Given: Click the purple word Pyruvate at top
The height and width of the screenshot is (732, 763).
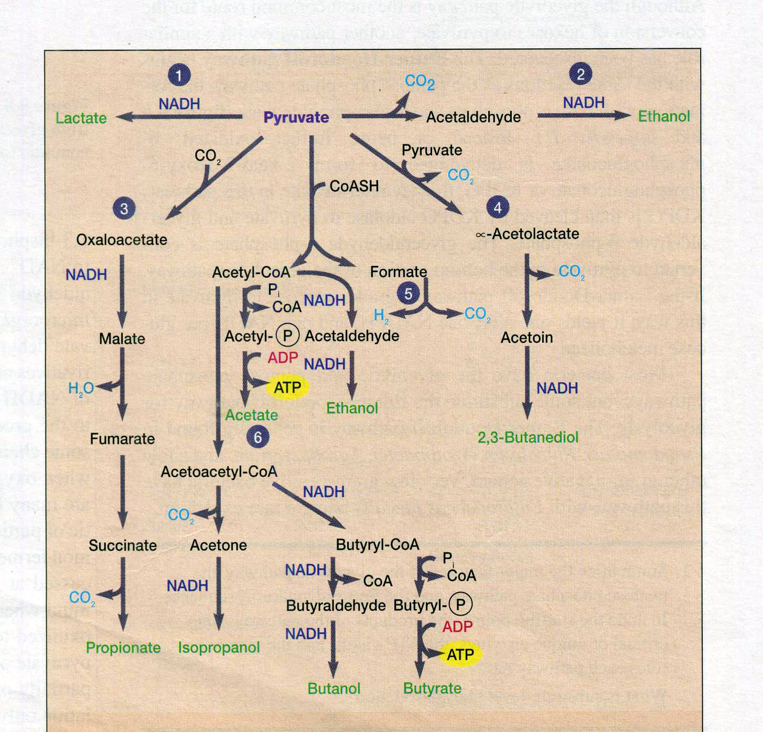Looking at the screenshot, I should click(x=296, y=117).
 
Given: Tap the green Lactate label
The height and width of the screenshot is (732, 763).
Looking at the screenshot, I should click(x=81, y=118).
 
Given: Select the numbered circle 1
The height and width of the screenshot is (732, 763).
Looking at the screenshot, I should click(x=179, y=76).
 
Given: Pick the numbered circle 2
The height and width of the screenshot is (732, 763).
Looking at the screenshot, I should click(x=581, y=74).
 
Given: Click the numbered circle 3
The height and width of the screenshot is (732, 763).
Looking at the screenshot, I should click(x=124, y=209).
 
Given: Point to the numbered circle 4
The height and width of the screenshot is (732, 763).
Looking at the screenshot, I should click(x=497, y=208).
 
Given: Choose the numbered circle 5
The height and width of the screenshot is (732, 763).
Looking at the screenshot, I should click(x=409, y=294).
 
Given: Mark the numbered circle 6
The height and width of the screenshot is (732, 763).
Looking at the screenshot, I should click(x=257, y=437).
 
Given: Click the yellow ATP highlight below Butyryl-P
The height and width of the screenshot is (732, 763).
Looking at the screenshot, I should click(x=460, y=654).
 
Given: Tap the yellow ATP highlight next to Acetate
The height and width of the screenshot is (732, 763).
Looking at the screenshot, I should click(x=287, y=387).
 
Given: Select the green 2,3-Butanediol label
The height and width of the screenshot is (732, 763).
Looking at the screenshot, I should click(x=528, y=437).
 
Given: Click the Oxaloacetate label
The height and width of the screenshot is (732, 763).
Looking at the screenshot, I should click(x=122, y=240).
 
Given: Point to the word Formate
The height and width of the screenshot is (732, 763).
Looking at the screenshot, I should click(x=399, y=272).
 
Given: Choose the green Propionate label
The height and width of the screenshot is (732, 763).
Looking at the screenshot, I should click(x=123, y=648).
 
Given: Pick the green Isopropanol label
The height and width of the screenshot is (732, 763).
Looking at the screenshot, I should click(x=219, y=648).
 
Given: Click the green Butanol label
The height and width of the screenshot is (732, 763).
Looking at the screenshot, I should click(x=334, y=688).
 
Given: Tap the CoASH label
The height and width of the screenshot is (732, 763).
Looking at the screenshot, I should click(x=354, y=186).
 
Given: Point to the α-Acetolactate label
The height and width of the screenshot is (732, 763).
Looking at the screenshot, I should click(x=528, y=234).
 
